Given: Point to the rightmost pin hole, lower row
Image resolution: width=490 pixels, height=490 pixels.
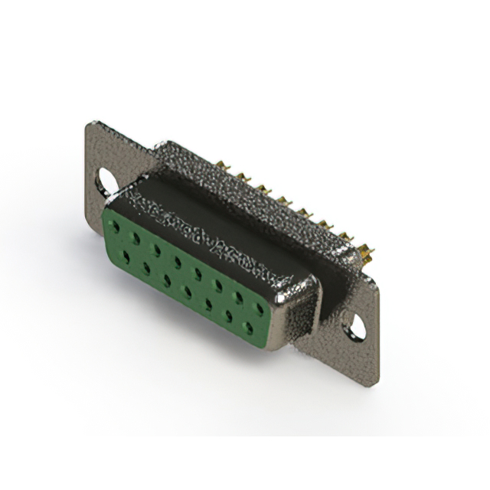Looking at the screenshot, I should (248, 328).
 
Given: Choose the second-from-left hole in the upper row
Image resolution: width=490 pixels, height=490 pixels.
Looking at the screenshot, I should (136, 239).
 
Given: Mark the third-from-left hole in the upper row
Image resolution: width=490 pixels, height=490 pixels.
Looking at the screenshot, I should (157, 250).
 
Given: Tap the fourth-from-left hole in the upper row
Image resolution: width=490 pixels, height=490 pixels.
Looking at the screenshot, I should (178, 262).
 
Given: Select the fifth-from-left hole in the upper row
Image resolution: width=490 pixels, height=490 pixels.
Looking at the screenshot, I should (198, 273).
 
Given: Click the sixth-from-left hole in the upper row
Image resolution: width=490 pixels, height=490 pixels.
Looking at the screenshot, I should (219, 285).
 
